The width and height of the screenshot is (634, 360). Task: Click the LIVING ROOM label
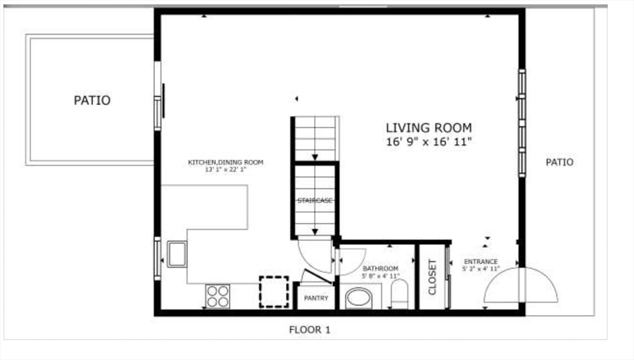[428, 128]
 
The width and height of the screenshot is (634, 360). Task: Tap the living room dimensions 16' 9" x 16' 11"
[428, 142]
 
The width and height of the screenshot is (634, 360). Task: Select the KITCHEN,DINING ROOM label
[225, 162]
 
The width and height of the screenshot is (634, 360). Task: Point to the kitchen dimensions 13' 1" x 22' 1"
[225, 169]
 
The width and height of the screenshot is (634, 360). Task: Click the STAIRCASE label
[315, 201]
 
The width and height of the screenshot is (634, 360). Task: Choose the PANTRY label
[316, 299]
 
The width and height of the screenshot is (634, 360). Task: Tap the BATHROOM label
[380, 268]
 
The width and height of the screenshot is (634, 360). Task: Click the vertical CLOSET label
[432, 276]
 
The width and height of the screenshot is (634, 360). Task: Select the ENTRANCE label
[480, 261]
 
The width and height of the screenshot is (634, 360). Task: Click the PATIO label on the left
[92, 100]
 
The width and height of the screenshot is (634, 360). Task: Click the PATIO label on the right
[559, 162]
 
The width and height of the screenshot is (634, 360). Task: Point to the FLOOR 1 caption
[310, 330]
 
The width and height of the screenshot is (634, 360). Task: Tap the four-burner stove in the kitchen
[217, 296]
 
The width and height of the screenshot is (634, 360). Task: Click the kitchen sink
[177, 254]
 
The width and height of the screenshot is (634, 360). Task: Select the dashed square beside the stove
[274, 292]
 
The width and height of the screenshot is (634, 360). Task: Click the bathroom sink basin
[358, 297]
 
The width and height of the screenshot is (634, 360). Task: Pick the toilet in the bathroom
[400, 295]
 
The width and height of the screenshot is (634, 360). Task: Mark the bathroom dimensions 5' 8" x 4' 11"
[380, 276]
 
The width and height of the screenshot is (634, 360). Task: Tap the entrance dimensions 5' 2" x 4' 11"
[480, 270]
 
